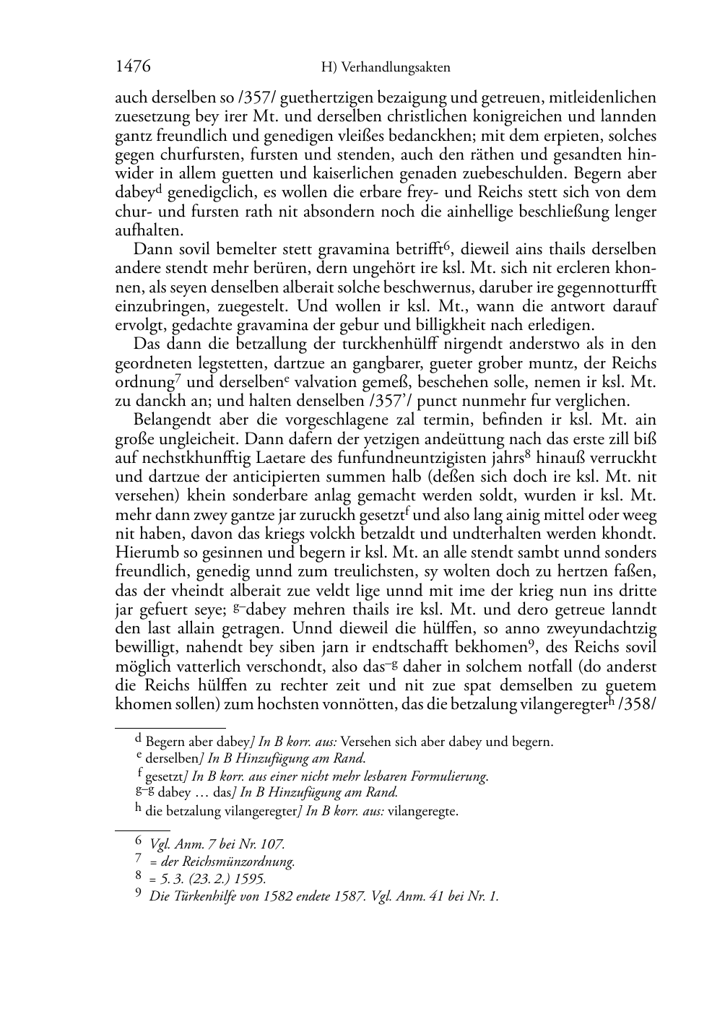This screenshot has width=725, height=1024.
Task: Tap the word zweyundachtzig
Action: tap(606, 628)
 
